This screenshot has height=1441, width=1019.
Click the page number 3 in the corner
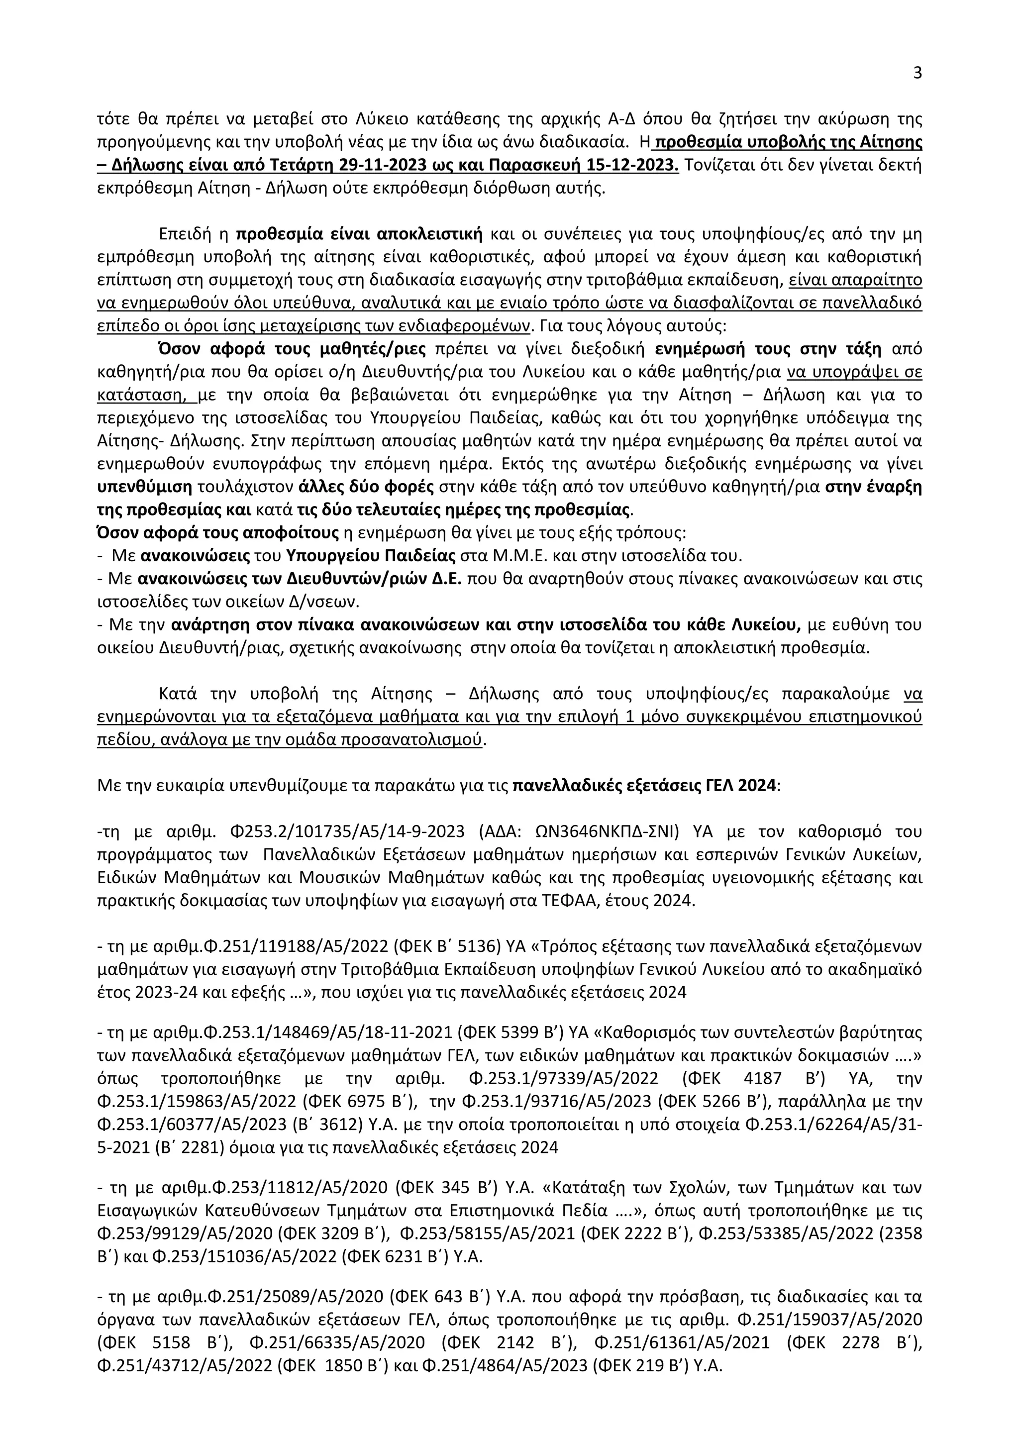pos(917,74)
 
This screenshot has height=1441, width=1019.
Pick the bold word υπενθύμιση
pos(146,487)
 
